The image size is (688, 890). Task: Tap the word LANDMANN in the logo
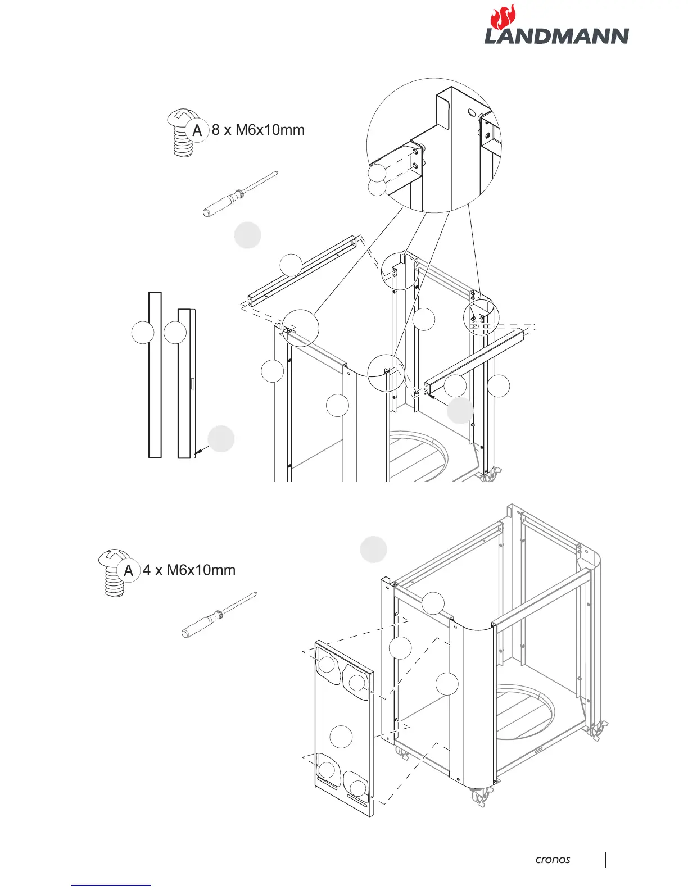(556, 37)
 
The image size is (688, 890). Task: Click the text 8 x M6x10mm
(258, 130)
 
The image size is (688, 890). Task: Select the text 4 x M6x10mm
(189, 570)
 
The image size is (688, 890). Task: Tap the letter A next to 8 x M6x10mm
(197, 130)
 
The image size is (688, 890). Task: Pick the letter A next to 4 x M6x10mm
(129, 571)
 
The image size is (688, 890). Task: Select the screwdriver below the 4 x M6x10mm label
(220, 615)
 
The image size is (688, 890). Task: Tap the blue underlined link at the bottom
(111, 886)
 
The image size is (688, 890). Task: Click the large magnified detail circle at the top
(434, 145)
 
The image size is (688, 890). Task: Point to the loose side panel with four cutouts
(343, 728)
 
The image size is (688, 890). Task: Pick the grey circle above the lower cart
(373, 549)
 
